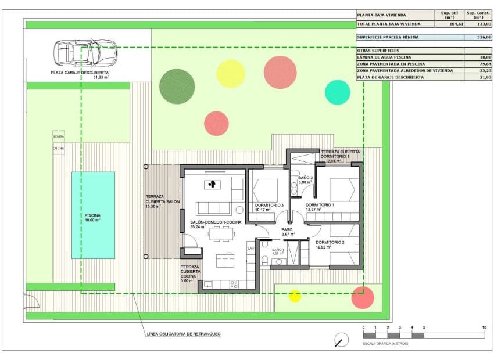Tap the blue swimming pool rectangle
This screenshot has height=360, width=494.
point(93,215)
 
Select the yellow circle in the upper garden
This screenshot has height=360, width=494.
point(231,74)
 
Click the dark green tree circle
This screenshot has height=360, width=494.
point(177,84)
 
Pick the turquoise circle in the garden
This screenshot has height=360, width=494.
point(337,92)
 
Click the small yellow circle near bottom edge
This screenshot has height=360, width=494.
point(295,296)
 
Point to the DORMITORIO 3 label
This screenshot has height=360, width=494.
point(270,205)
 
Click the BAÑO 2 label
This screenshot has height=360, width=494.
point(306,178)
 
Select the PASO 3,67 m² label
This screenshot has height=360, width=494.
point(288,232)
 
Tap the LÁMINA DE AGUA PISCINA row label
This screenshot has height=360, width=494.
point(384,57)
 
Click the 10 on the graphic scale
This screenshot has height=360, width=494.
point(484,329)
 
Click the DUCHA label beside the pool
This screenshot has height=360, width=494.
point(59,148)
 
